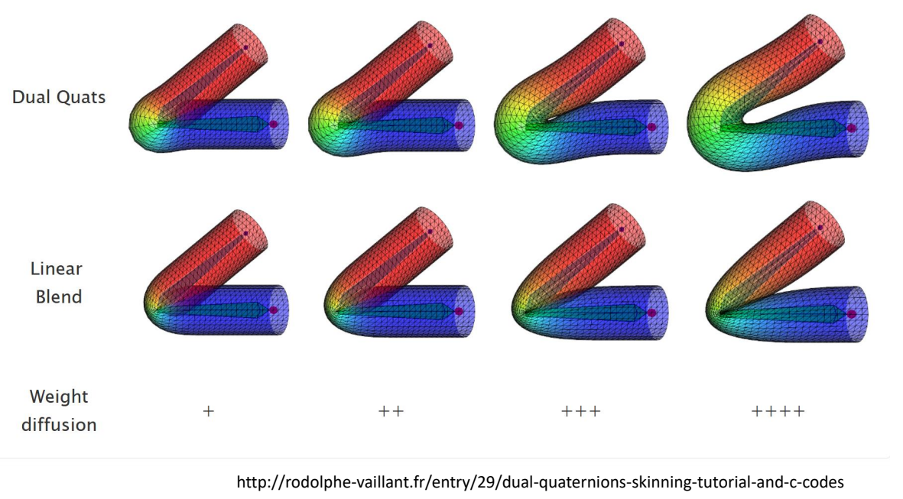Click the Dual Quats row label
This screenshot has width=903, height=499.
pyautogui.click(x=59, y=97)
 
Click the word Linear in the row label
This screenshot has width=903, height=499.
pyautogui.click(x=57, y=268)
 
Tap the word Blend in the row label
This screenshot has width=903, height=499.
pyautogui.click(x=59, y=296)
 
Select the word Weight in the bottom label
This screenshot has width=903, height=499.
pyautogui.click(x=59, y=397)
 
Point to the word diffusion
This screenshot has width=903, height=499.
pyautogui.click(x=59, y=425)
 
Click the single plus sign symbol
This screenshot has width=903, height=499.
pyautogui.click(x=209, y=411)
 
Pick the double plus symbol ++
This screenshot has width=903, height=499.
pyautogui.click(x=391, y=411)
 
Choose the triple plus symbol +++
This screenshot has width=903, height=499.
pyautogui.click(x=581, y=411)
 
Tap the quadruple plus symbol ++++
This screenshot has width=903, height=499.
pyautogui.click(x=778, y=411)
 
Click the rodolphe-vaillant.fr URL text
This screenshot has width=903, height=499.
pyautogui.click(x=540, y=481)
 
